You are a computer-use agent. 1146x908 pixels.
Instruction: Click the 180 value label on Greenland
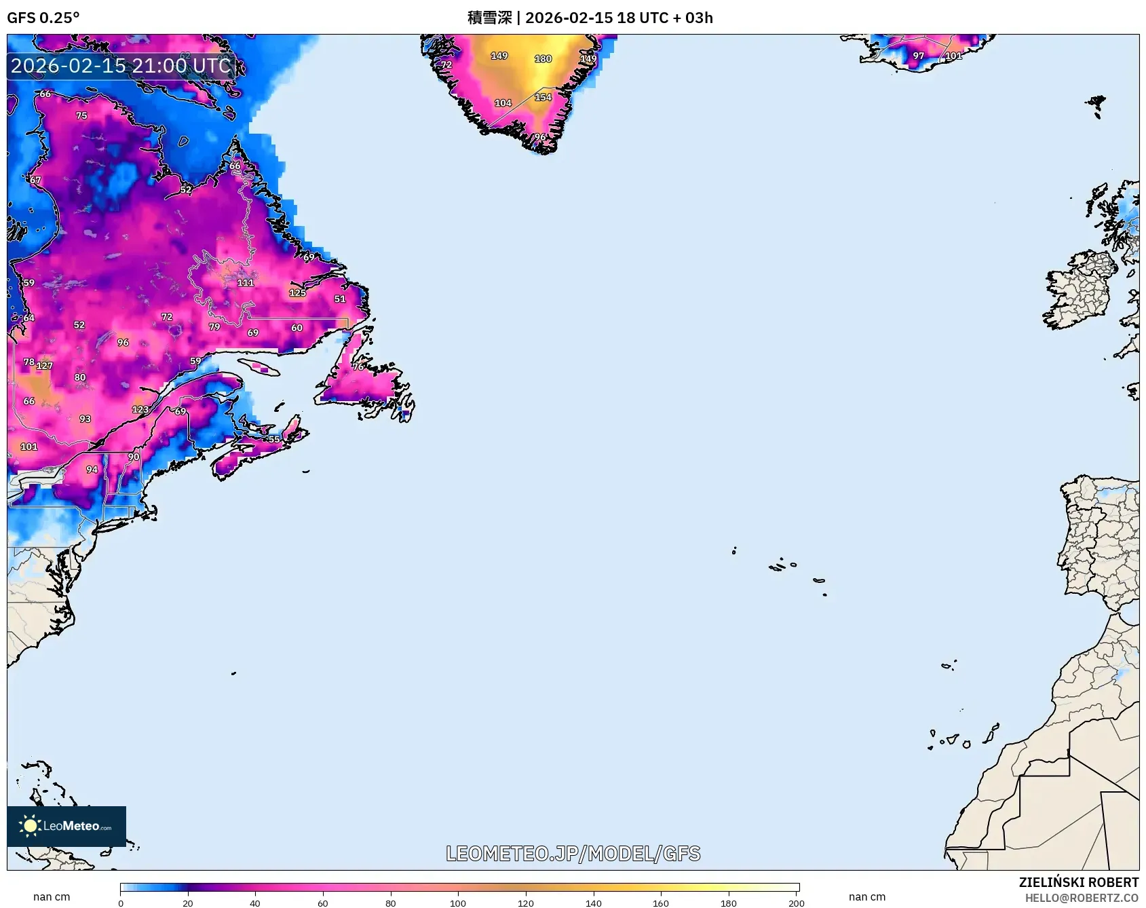[543, 59]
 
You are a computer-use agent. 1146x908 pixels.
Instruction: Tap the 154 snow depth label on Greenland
[543, 97]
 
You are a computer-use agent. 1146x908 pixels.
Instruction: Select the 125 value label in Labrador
[297, 293]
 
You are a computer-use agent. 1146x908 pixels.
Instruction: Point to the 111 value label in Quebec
[245, 282]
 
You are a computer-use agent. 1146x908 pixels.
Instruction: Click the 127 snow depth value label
[44, 366]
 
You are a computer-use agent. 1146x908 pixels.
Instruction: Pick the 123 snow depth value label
[140, 409]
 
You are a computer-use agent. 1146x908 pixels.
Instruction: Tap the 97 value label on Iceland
[918, 56]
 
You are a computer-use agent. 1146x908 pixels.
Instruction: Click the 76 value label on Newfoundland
[358, 366]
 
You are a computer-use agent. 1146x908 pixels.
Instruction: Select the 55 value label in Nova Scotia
[273, 439]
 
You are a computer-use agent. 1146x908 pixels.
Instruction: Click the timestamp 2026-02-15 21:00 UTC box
[121, 66]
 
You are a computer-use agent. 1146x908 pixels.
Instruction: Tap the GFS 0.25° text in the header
[43, 18]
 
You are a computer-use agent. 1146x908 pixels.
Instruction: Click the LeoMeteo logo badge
[66, 826]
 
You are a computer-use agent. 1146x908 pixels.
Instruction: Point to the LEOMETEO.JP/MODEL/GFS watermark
[573, 854]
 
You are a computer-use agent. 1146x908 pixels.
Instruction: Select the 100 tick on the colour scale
[458, 903]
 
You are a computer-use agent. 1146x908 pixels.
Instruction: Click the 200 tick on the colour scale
[796, 903]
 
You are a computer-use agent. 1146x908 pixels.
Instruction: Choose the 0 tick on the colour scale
[121, 903]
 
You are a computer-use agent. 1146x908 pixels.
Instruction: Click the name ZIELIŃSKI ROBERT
[1078, 882]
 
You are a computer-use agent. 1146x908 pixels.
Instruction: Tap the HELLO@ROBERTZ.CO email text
[1081, 898]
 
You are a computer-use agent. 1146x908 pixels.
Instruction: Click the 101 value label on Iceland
[953, 56]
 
